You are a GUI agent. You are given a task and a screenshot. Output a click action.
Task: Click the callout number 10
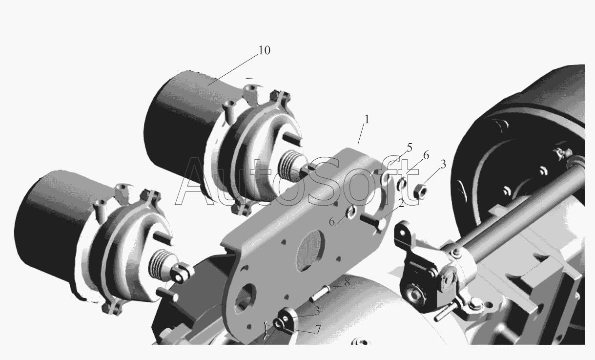tap(265, 50)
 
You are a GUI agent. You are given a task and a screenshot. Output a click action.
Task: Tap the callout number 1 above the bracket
tap(367, 120)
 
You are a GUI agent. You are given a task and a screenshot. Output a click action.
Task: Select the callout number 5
tap(410, 148)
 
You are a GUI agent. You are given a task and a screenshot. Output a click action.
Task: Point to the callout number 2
tap(401, 204)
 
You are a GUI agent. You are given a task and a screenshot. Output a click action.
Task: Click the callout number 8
tap(347, 283)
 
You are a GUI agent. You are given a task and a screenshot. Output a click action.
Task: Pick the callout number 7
tap(318, 330)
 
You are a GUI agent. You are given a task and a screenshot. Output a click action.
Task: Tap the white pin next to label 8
tap(320, 293)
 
